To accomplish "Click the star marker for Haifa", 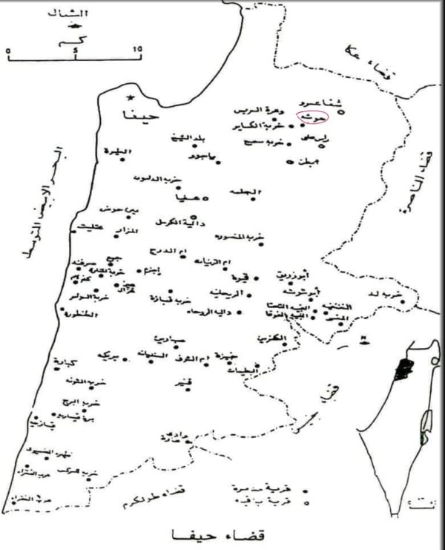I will pyautogui.click(x=131, y=98).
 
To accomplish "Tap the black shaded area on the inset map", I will pyautogui.click(x=403, y=368).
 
